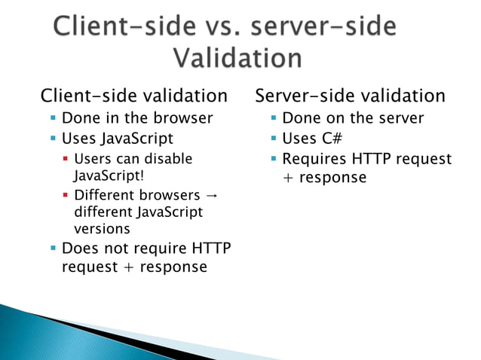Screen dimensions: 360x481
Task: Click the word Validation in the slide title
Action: pyautogui.click(x=237, y=58)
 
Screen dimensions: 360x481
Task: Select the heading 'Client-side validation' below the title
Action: pyautogui.click(x=133, y=96)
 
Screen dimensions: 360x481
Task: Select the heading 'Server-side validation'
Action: pyautogui.click(x=350, y=96)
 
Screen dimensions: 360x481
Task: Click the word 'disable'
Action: pyautogui.click(x=167, y=159)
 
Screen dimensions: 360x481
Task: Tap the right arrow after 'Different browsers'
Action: pyautogui.click(x=212, y=196)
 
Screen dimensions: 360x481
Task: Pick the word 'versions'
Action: pyautogui.click(x=102, y=229)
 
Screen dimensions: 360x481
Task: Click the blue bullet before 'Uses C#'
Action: pyautogui.click(x=274, y=139)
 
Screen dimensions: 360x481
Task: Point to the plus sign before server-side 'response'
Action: pyautogui.click(x=288, y=178)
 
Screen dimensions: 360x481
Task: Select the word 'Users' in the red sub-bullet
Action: pyautogui.click(x=93, y=159)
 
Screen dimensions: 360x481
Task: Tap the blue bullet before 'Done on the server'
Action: pyautogui.click(x=274, y=119)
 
